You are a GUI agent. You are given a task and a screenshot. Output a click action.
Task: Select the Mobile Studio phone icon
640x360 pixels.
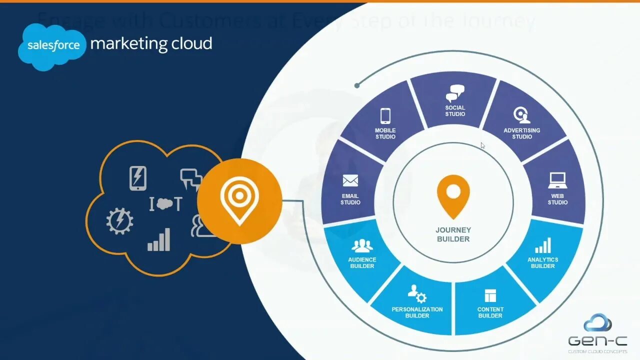[385, 116]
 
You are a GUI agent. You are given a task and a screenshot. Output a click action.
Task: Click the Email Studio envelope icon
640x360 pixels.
[350, 180]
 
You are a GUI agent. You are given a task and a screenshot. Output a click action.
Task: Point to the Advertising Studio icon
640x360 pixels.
[521, 115]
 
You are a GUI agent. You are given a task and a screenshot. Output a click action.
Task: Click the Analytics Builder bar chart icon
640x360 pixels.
[543, 245]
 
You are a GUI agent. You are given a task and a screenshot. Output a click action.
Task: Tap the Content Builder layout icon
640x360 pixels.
[490, 295]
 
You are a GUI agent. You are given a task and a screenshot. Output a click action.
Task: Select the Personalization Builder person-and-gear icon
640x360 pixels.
[417, 294]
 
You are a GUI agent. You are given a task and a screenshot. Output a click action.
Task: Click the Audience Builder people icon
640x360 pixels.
[362, 245]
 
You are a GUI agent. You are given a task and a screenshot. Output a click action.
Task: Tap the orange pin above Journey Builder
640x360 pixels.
[453, 195]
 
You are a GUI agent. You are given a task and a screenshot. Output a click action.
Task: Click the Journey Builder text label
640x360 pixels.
[453, 234]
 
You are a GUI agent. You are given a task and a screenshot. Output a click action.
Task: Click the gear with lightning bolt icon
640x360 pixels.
[120, 221]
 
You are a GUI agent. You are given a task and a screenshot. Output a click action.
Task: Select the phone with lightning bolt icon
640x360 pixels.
[138, 178]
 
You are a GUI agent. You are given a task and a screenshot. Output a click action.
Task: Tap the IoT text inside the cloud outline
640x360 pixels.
[165, 204]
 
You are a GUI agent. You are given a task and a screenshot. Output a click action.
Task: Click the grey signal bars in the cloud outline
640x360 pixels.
[159, 240]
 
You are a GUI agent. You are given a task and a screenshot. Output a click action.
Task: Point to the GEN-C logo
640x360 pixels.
[597, 331]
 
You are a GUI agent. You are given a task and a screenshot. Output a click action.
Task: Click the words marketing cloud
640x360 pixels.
[151, 43]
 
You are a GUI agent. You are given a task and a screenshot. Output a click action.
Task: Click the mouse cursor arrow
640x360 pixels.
[482, 146]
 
